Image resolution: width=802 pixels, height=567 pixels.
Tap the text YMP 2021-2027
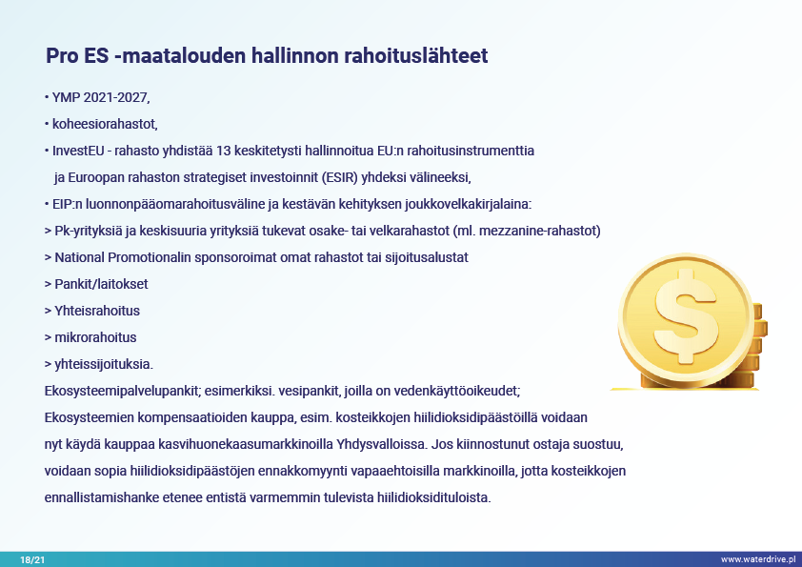[100, 97]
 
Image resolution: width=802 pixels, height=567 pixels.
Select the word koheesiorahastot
[105, 124]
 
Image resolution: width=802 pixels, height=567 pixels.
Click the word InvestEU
[78, 151]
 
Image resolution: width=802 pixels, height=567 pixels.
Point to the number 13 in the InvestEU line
[224, 151]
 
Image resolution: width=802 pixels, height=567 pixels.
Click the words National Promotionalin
[123, 257]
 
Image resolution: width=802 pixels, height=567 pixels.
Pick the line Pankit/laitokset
[101, 284]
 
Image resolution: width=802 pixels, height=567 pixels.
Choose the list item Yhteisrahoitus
[97, 311]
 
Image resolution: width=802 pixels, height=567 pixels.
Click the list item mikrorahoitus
[95, 337]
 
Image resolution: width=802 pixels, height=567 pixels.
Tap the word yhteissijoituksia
[103, 364]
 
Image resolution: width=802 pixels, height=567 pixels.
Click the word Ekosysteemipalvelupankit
[121, 391]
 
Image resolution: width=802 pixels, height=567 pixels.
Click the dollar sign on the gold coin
[686, 316]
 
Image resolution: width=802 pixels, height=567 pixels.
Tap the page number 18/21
[32, 559]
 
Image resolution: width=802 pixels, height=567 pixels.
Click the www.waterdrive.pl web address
[758, 559]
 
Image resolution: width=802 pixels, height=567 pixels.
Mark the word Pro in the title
[62, 56]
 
